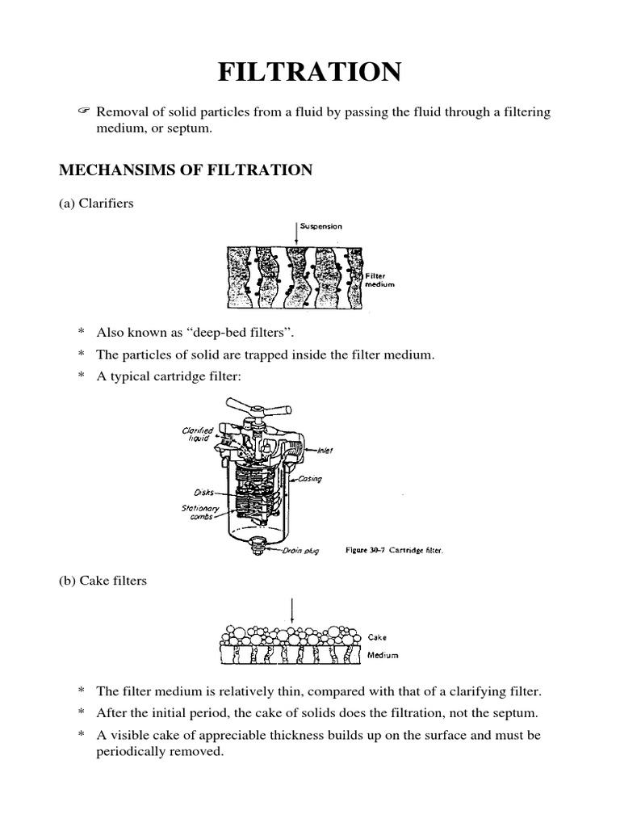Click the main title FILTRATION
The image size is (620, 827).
pyautogui.click(x=309, y=73)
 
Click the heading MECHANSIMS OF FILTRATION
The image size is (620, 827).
pyautogui.click(x=185, y=170)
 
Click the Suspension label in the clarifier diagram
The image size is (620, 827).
pyautogui.click(x=321, y=227)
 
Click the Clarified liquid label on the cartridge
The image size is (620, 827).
pyautogui.click(x=198, y=435)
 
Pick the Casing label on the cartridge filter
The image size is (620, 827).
pyautogui.click(x=310, y=479)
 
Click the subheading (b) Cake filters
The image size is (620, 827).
pyautogui.click(x=102, y=580)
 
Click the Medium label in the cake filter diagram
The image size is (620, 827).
pyautogui.click(x=383, y=655)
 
